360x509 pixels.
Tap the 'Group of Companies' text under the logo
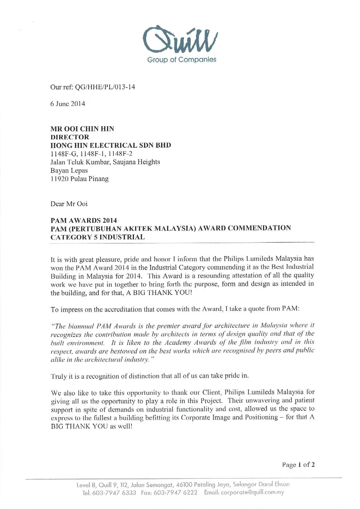tap(181, 59)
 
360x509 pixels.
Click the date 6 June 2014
tap(68, 104)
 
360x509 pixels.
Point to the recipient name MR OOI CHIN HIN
tap(82, 128)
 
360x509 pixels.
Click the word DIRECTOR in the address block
tap(69, 137)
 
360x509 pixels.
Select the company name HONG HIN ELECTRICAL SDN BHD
tap(110, 145)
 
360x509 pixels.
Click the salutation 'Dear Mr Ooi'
tap(69, 204)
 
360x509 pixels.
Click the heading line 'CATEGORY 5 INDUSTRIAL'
tap(98, 237)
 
